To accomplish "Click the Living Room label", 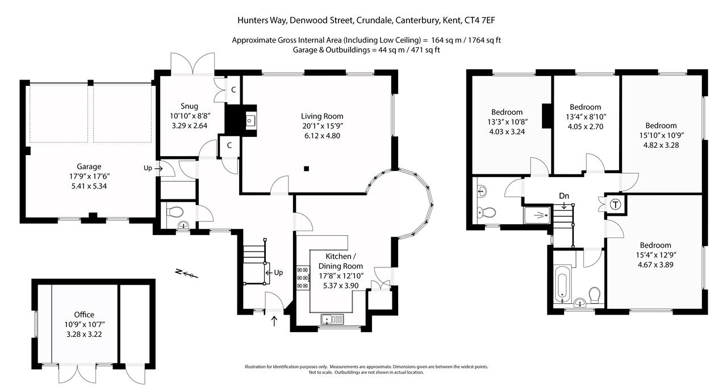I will [x=322, y=116].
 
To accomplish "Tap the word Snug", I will [x=189, y=106].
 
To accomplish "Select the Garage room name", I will [x=89, y=166].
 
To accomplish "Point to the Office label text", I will [x=84, y=315].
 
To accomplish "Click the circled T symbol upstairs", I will [x=615, y=204].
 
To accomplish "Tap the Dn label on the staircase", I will [x=563, y=196].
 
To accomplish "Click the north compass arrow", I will [x=187, y=274].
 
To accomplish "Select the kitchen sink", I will [x=332, y=320].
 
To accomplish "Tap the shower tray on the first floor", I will [x=537, y=215].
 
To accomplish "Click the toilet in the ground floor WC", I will [x=176, y=212].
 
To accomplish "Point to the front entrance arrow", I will [x=275, y=321].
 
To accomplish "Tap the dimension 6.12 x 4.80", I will [x=322, y=136].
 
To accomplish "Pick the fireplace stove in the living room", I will [x=250, y=120].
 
